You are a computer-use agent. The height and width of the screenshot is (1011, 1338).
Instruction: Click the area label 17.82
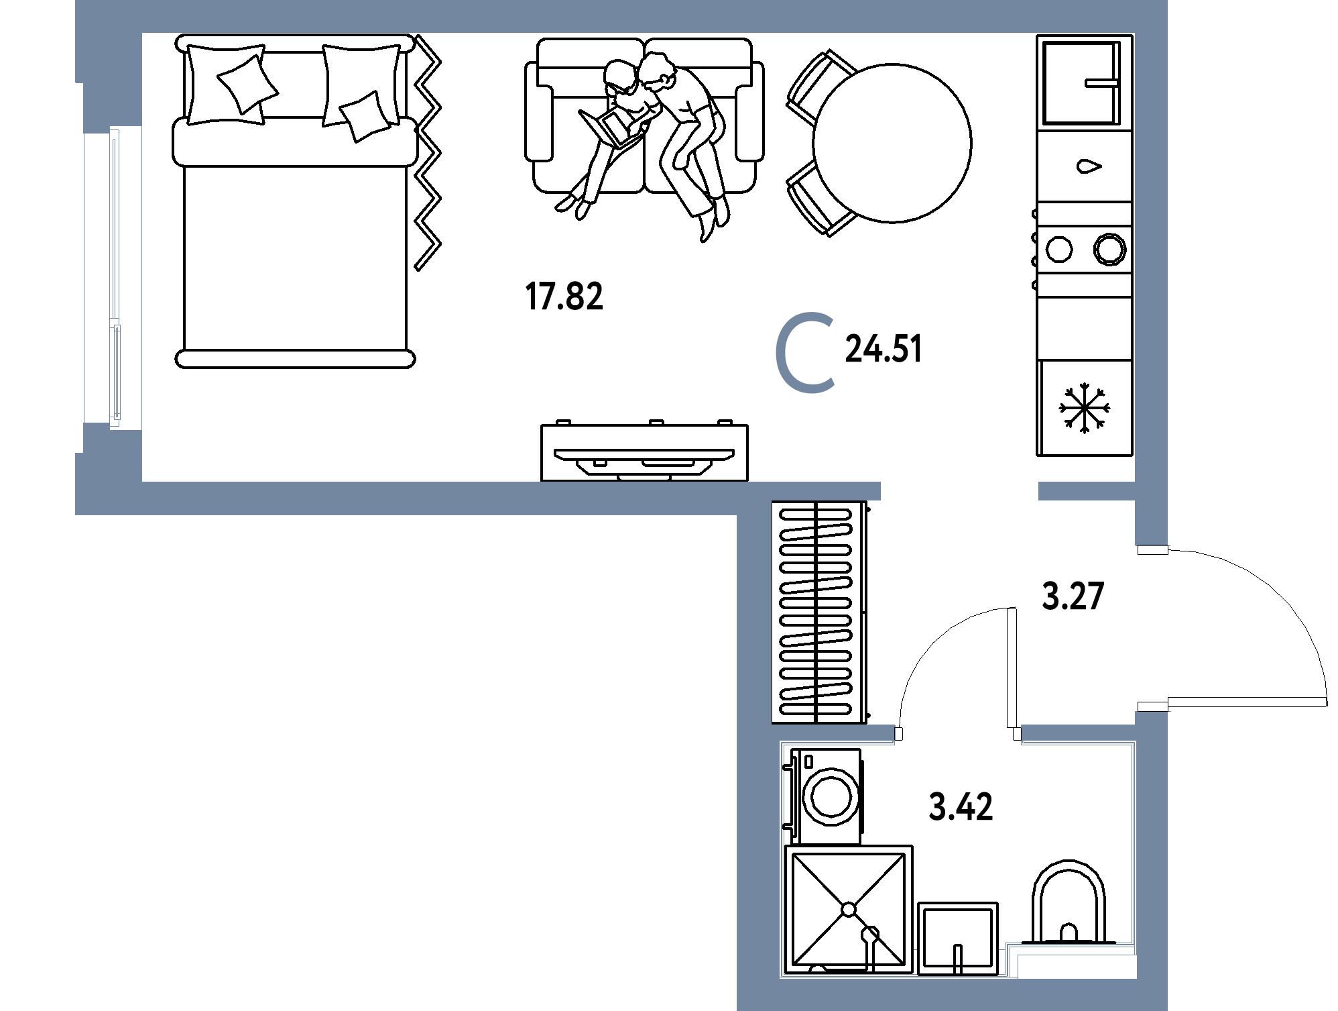[x=564, y=297]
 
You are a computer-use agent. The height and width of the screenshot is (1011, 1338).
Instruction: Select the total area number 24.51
[x=884, y=349]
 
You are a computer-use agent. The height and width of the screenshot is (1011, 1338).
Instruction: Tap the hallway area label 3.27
[x=1073, y=596]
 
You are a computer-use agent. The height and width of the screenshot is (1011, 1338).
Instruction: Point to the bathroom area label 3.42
[x=961, y=806]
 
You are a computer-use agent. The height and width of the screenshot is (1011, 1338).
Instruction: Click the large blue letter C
[x=804, y=352]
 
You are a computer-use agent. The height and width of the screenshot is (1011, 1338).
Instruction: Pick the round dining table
[x=892, y=143]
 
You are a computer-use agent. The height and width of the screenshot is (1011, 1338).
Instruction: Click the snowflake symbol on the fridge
[x=1084, y=408]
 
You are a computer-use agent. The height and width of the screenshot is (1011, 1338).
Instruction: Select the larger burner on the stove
[x=1109, y=249]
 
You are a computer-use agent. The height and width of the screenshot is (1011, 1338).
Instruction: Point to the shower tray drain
[x=849, y=910]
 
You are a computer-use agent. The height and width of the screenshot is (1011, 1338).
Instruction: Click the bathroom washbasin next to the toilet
[x=957, y=939]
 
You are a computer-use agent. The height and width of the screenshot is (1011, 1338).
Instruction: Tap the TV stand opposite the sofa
[x=644, y=452]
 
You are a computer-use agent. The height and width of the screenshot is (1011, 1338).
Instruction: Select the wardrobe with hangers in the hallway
[x=819, y=612]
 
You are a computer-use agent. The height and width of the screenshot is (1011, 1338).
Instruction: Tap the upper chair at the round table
[x=819, y=86]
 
